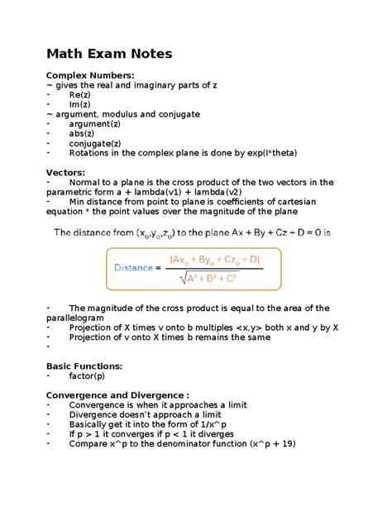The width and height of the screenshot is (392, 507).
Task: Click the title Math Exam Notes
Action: [x=108, y=54]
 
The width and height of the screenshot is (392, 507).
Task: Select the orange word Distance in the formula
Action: [x=135, y=268]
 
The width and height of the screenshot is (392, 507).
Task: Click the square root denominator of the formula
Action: [x=218, y=277]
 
